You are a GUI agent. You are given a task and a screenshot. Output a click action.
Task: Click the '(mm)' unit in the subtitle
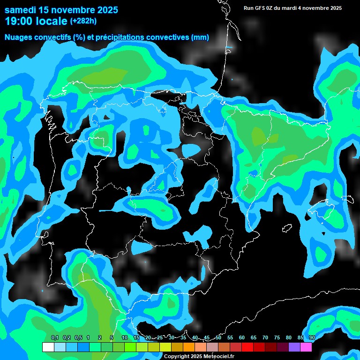200,37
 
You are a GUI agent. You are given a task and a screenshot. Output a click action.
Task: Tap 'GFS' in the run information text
260,8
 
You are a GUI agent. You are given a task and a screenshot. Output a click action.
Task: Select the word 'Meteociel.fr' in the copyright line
218,357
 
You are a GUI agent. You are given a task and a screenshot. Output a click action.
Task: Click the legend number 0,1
55,338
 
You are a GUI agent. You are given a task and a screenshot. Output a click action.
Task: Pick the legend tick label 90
312,338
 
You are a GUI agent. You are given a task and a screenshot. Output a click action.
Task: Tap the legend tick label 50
218,338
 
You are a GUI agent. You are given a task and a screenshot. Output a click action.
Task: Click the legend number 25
160,338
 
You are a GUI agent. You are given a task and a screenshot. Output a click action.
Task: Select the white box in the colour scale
48,347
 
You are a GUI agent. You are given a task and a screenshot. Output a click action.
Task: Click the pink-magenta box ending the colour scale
306,347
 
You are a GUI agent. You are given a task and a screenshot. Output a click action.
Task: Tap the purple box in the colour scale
294,347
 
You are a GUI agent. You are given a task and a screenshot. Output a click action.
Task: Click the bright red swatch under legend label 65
259,347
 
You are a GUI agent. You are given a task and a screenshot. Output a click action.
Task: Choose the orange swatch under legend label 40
189,347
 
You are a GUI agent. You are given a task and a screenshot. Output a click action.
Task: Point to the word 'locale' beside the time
51,21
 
